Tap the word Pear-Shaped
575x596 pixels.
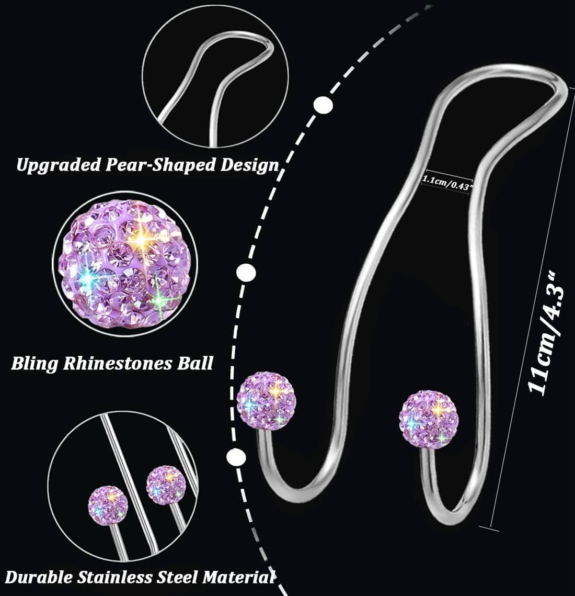click(148, 165)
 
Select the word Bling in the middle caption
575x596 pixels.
click(35, 363)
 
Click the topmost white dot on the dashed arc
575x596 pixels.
click(324, 105)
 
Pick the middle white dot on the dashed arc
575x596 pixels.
click(246, 273)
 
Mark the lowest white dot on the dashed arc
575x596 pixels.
click(236, 457)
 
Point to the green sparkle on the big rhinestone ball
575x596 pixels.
click(160, 297)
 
